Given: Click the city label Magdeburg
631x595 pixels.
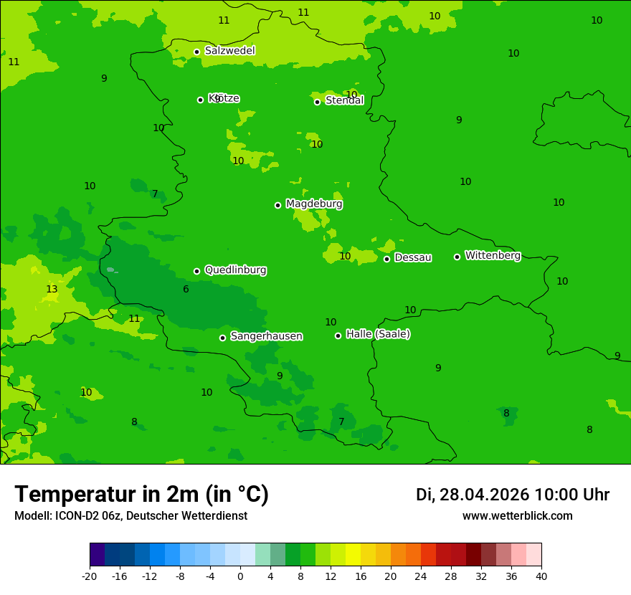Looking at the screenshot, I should [x=314, y=204].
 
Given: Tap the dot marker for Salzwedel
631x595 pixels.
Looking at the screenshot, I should [x=196, y=52].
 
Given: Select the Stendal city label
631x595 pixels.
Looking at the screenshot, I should [x=344, y=100].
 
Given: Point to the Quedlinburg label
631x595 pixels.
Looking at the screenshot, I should [x=235, y=270].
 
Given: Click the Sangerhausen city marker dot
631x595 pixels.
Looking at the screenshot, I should [x=222, y=338].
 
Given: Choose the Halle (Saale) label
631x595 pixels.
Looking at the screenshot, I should [x=378, y=334].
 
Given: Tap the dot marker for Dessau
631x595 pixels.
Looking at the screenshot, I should [x=386, y=259].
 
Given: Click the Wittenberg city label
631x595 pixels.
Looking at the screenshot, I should [x=493, y=255].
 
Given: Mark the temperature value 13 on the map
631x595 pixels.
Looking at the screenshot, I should [x=52, y=290].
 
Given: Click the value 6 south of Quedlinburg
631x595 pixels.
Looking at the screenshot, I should [x=186, y=290].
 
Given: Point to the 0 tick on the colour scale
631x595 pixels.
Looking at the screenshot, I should [x=240, y=576].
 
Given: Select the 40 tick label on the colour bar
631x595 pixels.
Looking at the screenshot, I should [x=541, y=576].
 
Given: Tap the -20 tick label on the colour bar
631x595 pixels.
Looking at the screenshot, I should [x=90, y=576].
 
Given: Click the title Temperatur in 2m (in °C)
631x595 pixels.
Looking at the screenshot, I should [x=141, y=494].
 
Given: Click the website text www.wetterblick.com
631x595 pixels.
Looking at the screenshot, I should [x=517, y=516].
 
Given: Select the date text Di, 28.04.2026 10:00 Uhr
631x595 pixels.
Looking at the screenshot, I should [x=512, y=495].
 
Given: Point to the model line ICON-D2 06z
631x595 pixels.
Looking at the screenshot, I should [x=131, y=516].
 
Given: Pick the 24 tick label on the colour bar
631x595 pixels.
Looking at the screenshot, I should [x=421, y=576].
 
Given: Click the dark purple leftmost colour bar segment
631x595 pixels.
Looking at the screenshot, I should [x=97, y=555].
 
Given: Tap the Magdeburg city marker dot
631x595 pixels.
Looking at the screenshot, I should [x=277, y=205].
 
